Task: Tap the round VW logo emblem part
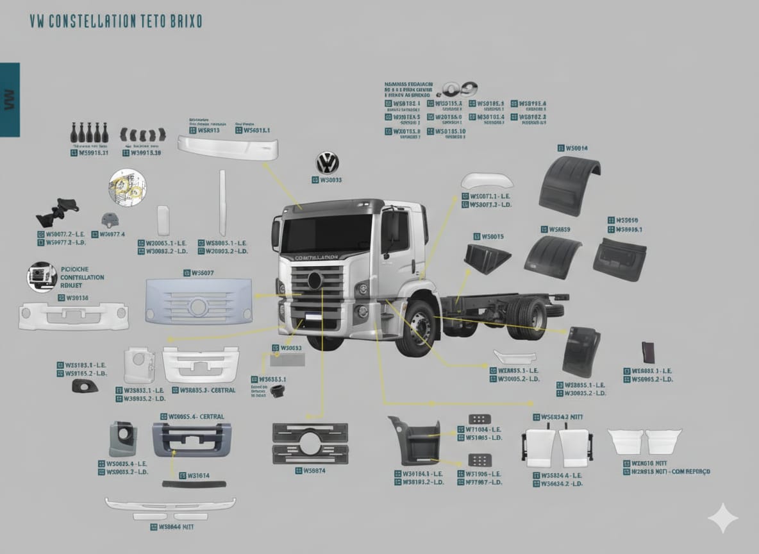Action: (x=328, y=162)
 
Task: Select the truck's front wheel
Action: (x=417, y=328)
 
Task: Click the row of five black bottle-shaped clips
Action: (x=88, y=132)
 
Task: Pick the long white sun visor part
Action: (x=228, y=147)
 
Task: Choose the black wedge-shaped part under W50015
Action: (x=487, y=258)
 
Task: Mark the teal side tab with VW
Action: (x=10, y=99)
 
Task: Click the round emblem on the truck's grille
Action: (x=315, y=280)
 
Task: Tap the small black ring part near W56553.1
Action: (x=278, y=390)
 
